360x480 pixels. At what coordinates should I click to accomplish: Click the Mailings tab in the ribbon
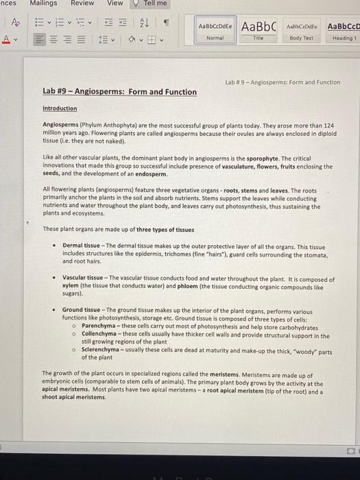pos(44,3)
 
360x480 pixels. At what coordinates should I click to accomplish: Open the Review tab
pos(82,3)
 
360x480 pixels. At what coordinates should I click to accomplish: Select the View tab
pos(115,3)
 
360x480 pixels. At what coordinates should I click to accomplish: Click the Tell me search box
pos(155,3)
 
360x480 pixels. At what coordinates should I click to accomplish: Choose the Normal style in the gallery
pos(215,29)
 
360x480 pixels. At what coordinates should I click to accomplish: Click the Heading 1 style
pos(342,29)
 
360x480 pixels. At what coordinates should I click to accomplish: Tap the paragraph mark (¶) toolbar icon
pos(165,24)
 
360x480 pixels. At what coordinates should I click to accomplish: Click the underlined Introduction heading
pos(60,108)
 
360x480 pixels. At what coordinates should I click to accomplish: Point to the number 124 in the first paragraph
pos(328,125)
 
